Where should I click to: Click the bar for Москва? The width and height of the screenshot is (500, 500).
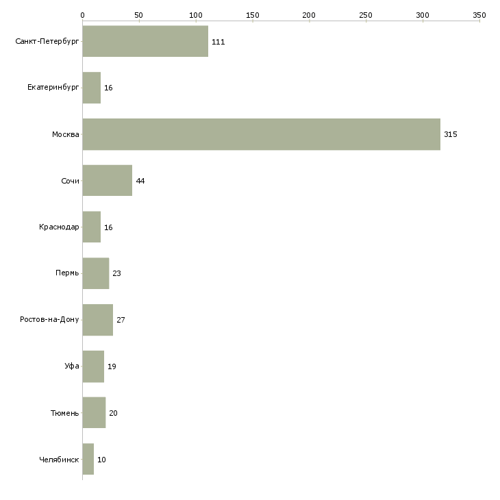pyautogui.click(x=262, y=134)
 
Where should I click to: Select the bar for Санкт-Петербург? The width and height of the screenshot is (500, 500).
pyautogui.click(x=145, y=41)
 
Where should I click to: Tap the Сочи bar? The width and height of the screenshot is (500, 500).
pyautogui.click(x=108, y=181)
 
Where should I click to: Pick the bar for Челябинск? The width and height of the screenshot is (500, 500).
pyautogui.click(x=88, y=459)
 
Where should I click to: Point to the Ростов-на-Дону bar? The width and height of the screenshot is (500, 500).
pyautogui.click(x=98, y=320)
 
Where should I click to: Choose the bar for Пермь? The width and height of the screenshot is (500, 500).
pyautogui.click(x=96, y=273)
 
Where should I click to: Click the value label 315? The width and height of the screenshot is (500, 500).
pyautogui.click(x=451, y=134)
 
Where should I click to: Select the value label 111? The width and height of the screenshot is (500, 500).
pyautogui.click(x=218, y=42)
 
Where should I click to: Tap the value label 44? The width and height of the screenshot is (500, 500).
pyautogui.click(x=140, y=181)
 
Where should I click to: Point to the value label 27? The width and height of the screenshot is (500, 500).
pyautogui.click(x=121, y=320)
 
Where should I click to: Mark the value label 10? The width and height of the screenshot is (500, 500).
pyautogui.click(x=101, y=460)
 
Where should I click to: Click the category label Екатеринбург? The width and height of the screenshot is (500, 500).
pyautogui.click(x=53, y=88)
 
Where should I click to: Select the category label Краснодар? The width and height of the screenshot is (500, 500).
pyautogui.click(x=59, y=227)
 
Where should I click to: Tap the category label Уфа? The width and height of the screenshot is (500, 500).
pyautogui.click(x=72, y=366)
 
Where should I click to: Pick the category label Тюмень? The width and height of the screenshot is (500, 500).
pyautogui.click(x=65, y=413)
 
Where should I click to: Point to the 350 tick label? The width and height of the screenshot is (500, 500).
pyautogui.click(x=479, y=15)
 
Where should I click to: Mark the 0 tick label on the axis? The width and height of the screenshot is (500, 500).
pyautogui.click(x=83, y=15)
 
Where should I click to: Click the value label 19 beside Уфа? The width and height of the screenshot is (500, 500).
pyautogui.click(x=112, y=366)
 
